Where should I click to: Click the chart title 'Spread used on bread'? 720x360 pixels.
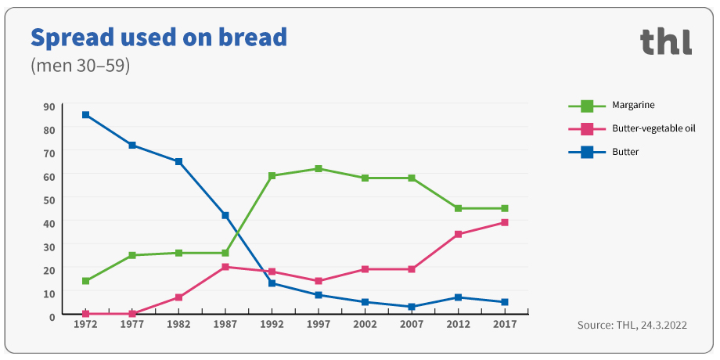[x=158, y=37]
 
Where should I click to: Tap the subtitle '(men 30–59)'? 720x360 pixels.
[x=80, y=66]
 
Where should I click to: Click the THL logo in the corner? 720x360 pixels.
[x=665, y=41]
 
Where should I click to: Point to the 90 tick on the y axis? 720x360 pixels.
[x=49, y=107]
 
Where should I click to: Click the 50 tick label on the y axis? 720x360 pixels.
[x=49, y=200]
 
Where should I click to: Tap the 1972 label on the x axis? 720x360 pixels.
[x=85, y=324]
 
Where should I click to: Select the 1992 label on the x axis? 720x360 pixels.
[x=272, y=324]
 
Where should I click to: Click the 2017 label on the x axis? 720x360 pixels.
[x=505, y=324]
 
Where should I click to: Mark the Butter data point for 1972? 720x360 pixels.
[x=85, y=115]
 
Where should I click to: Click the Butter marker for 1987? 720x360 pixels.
[x=225, y=215]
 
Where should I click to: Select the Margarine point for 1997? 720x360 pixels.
[x=319, y=169]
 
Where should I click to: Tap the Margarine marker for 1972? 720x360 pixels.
[x=85, y=281]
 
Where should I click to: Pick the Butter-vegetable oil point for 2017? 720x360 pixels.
[x=505, y=223]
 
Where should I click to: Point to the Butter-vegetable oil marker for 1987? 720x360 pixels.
[x=225, y=267]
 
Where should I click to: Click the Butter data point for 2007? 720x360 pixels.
[x=412, y=307]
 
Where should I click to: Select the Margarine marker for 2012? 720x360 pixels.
[x=458, y=208]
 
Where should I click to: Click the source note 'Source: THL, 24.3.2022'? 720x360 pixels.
[x=632, y=325]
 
